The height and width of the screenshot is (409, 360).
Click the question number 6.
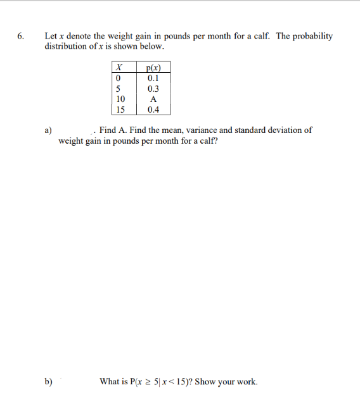pos(21,37)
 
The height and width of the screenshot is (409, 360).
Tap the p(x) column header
pos(152,68)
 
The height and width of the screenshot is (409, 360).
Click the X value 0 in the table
pos(118,78)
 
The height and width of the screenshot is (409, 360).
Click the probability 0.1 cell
pos(153,78)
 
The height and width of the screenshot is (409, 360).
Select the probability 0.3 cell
pos(153,89)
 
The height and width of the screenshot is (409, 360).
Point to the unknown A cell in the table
pos(153,99)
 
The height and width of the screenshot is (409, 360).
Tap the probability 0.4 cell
pos(153,110)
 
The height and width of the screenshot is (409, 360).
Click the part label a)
pos(48,130)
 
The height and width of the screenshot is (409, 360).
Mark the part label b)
pos(48,382)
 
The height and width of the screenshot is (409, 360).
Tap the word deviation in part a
pos(281,130)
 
